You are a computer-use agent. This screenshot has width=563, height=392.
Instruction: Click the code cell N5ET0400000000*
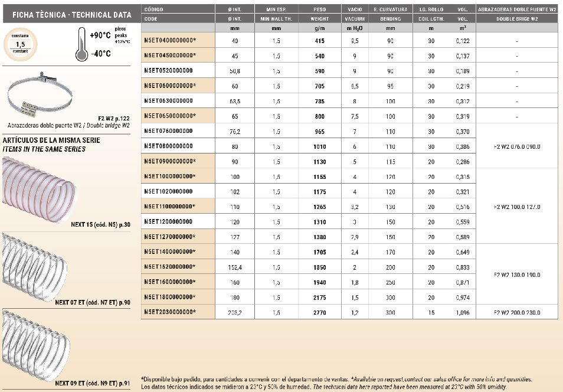click(170, 40)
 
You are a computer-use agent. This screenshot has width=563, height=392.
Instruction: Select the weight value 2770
click(320, 312)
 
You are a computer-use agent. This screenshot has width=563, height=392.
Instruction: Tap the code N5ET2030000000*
click(170, 312)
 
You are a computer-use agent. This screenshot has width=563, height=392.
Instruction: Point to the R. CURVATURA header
click(391, 9)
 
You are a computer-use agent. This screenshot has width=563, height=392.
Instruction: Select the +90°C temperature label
click(101, 35)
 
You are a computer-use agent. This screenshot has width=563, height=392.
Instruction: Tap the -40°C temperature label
click(100, 54)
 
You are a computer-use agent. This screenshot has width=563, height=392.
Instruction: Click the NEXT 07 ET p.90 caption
click(93, 302)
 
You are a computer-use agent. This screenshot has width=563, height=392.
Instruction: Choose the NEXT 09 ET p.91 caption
click(93, 383)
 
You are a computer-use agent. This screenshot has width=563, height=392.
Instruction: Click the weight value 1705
click(320, 251)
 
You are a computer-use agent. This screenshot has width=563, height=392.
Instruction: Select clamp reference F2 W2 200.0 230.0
click(516, 312)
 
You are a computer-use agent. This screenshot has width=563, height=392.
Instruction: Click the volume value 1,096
click(463, 312)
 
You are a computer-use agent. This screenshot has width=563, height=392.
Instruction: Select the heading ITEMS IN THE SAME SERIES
click(44, 149)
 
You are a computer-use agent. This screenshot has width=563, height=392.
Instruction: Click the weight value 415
click(320, 40)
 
